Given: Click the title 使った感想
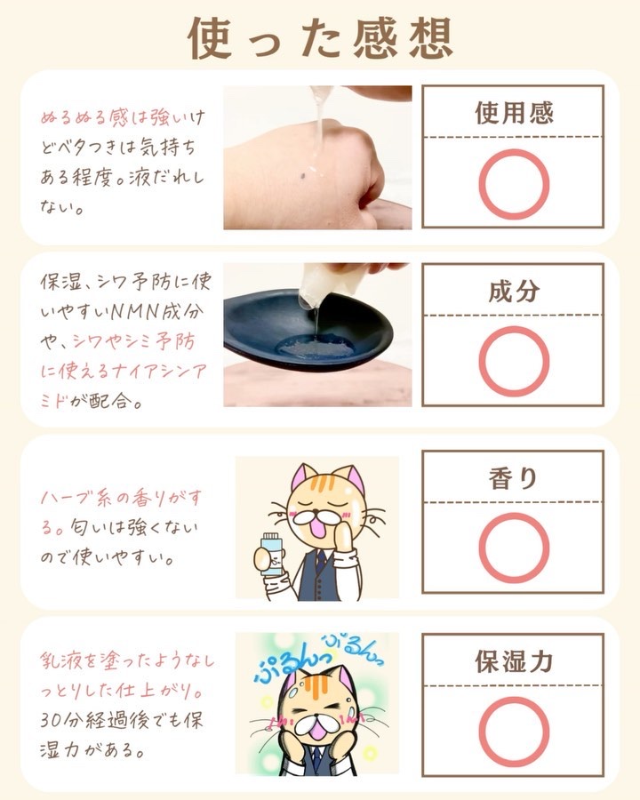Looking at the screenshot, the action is (x=321, y=38).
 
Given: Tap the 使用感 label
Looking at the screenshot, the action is (x=514, y=112).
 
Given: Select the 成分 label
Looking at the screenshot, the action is (x=514, y=292).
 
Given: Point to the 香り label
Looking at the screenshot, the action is (x=513, y=478).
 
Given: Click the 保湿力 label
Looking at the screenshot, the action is (x=514, y=661).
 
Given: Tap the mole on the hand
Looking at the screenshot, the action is (x=303, y=177).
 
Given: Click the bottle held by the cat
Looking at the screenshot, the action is (x=270, y=554).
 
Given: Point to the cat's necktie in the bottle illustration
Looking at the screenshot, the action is (x=320, y=562).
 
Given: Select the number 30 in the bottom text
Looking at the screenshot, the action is (x=53, y=721).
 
